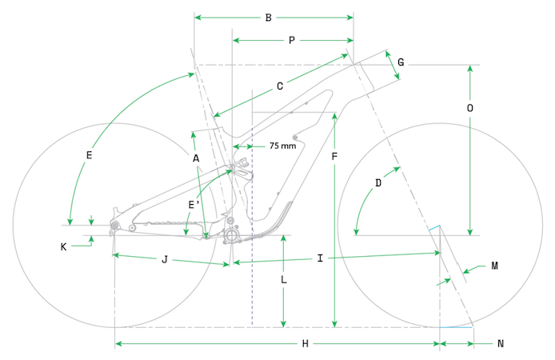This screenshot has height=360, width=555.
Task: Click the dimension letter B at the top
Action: point(269,18)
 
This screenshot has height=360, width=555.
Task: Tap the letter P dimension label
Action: point(292,39)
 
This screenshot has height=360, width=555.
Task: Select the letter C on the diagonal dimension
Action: point(280,86)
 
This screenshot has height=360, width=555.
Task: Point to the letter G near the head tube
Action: point(401,62)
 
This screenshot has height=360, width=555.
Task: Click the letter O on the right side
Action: point(470,107)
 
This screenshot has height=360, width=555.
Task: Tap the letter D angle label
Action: point(378,182)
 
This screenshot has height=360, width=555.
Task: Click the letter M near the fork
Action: point(495,266)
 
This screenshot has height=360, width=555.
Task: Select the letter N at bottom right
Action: point(501,343)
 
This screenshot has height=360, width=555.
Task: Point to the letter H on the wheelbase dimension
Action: point(305,343)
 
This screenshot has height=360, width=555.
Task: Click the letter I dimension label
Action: point(320,258)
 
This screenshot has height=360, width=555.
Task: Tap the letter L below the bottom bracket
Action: point(284,280)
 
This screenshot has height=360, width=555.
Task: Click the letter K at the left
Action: point(63,247)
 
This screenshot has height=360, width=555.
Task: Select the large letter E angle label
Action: point(89,155)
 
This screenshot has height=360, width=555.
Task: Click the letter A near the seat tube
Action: point(196,158)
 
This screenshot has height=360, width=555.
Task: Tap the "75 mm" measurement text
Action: point(282,146)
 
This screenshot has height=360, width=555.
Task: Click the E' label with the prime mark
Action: point(193,205)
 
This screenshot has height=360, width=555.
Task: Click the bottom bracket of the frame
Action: point(231,236)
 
